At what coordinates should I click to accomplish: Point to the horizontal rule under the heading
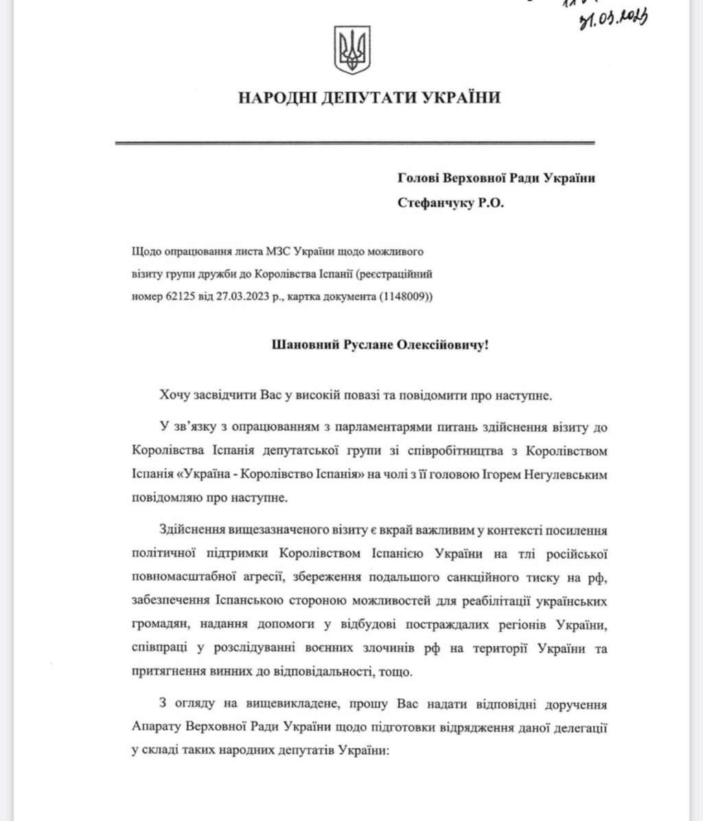click(354, 143)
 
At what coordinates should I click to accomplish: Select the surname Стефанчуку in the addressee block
click(433, 203)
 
